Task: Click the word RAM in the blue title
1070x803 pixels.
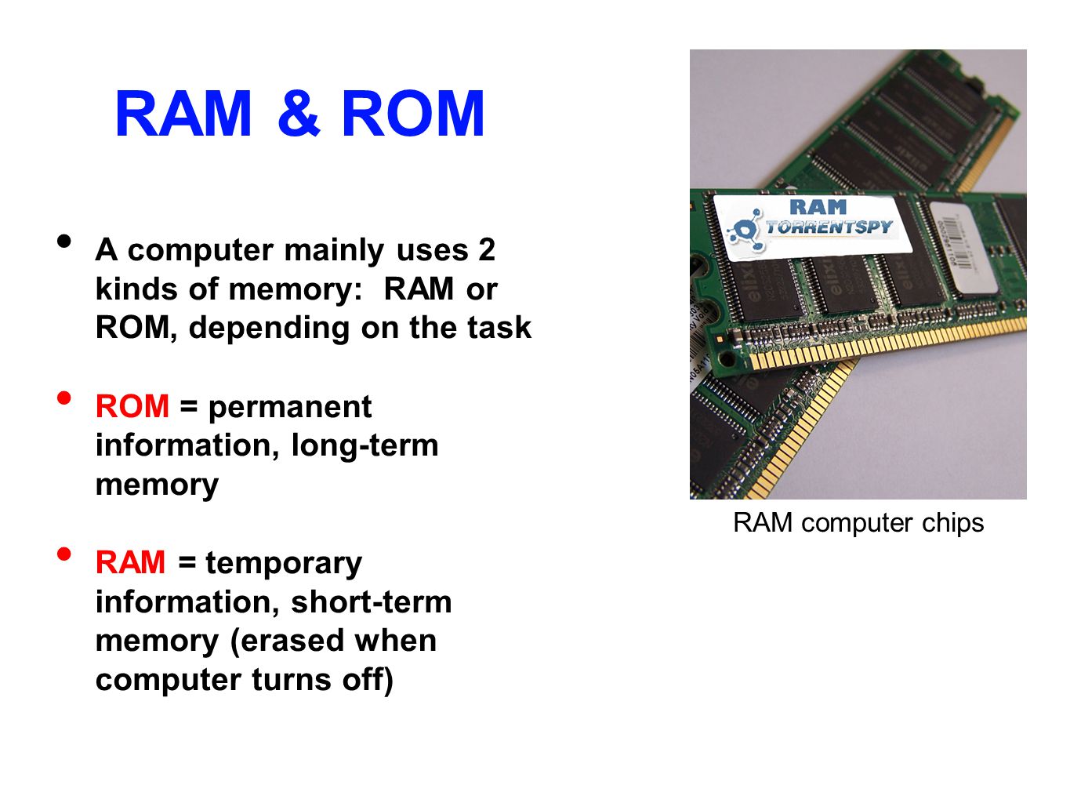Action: point(183,114)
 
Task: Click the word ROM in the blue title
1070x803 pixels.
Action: point(413,114)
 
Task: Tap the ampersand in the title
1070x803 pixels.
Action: point(298,114)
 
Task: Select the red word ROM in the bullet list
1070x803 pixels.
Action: point(132,406)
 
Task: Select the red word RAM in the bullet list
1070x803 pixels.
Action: point(130,562)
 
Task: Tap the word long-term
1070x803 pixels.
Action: point(365,445)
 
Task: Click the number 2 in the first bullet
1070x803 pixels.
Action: point(486,250)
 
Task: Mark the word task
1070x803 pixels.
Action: point(499,328)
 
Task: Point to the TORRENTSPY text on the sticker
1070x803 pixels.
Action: point(829,227)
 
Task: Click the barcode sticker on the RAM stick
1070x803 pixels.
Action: point(961,242)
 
